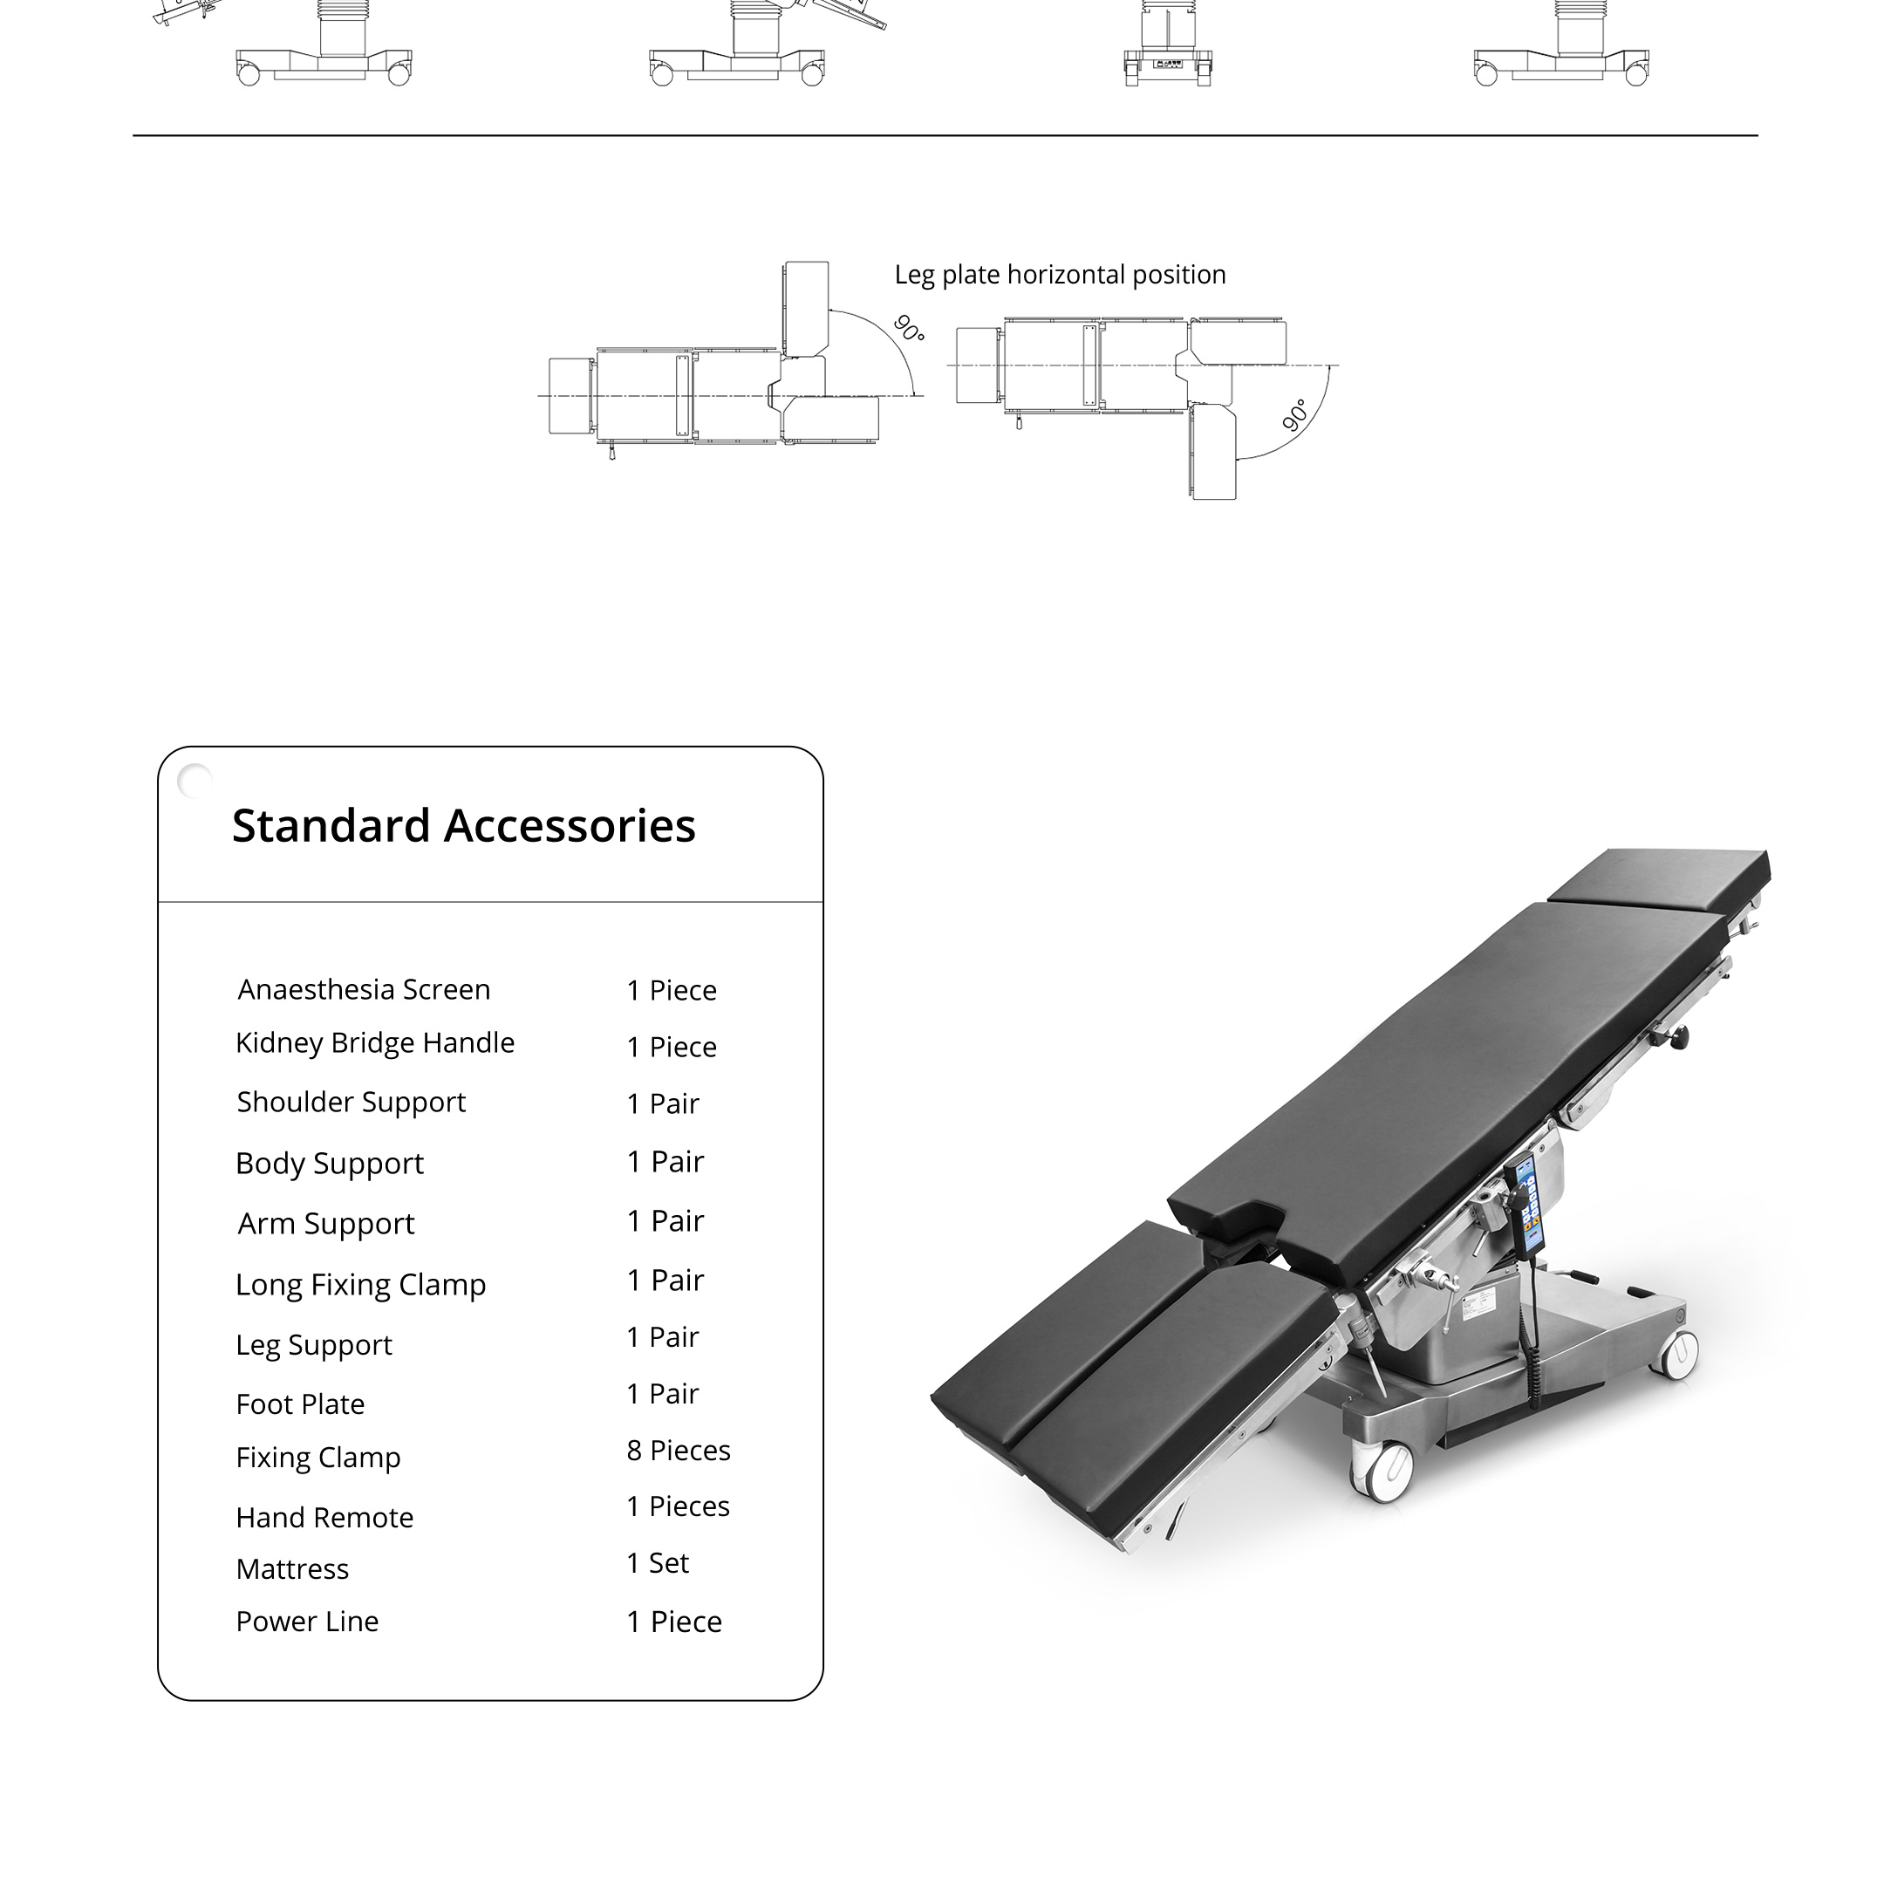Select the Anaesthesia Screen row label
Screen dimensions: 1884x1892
tap(365, 990)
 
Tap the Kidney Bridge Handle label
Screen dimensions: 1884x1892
tap(375, 1044)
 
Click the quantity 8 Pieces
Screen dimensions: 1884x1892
tap(679, 1451)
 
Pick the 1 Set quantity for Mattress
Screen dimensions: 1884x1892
tap(658, 1563)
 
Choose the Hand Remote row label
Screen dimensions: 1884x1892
tap(325, 1518)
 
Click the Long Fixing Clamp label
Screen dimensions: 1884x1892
tap(361, 1286)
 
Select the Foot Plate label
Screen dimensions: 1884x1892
tap(301, 1404)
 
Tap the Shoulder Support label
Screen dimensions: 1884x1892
tap(352, 1103)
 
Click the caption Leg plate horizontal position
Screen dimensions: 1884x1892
tap(1061, 275)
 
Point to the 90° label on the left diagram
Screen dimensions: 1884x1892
tap(910, 329)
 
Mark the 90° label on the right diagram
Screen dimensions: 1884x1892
tap(1295, 415)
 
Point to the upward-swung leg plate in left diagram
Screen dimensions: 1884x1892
tap(806, 310)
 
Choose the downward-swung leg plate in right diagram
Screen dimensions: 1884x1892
tap(1213, 453)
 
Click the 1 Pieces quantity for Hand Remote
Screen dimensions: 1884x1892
tap(679, 1506)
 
